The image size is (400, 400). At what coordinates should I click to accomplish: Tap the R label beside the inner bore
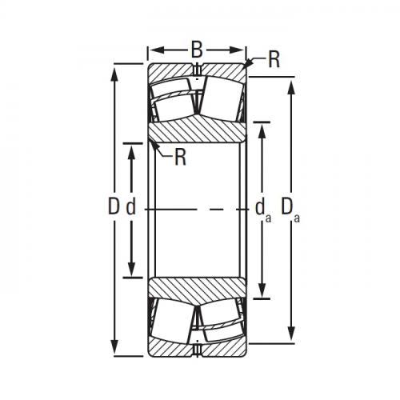pyautogui.click(x=180, y=157)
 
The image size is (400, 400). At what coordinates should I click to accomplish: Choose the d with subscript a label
pyautogui.click(x=261, y=210)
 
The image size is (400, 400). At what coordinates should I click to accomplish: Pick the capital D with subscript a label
pyautogui.click(x=290, y=210)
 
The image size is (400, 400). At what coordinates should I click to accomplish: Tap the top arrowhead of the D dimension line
pyautogui.click(x=118, y=69)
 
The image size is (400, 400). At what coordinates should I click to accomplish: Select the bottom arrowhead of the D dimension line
pyautogui.click(x=118, y=351)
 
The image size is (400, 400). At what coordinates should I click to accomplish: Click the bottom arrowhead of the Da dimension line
pyautogui.click(x=290, y=337)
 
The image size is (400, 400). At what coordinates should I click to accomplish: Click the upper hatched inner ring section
pyautogui.click(x=196, y=130)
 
